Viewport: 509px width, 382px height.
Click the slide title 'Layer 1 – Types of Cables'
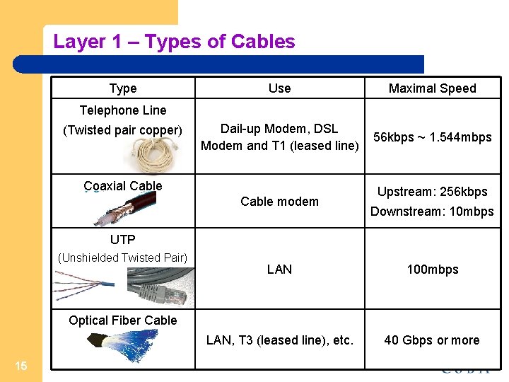click(x=174, y=42)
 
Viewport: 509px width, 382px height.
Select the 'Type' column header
click(x=123, y=88)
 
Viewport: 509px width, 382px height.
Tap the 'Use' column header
click(x=279, y=88)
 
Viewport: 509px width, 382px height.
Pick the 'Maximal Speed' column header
click(x=432, y=88)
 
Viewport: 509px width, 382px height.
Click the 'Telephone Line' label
click(x=123, y=110)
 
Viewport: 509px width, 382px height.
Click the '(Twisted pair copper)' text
click(x=123, y=130)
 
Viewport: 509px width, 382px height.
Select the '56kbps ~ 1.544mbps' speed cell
click(x=432, y=137)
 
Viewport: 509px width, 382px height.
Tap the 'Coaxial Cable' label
click(x=123, y=186)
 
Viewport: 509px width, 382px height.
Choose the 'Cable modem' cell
click(x=279, y=202)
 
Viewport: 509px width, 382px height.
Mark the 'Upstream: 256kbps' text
click(x=432, y=192)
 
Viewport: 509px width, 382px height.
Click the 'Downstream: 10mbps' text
click(x=432, y=212)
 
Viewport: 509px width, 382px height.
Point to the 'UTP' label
click(x=123, y=240)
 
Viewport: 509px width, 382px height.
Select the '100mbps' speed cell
click(x=432, y=270)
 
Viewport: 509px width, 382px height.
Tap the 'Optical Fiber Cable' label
click(x=123, y=320)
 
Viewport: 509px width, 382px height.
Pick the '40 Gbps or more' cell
click(x=432, y=340)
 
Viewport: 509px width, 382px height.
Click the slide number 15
click(x=21, y=365)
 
